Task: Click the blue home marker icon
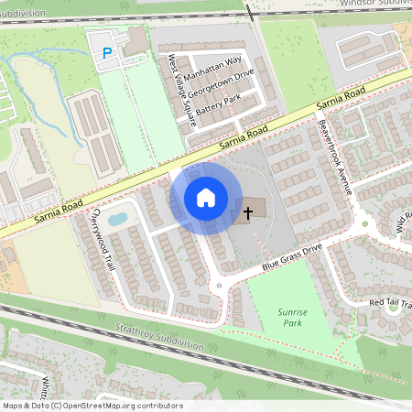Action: click(206, 198)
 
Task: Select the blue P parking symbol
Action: click(107, 53)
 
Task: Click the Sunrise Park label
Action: click(292, 318)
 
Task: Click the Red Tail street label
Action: click(390, 302)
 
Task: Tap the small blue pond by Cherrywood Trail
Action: click(118, 219)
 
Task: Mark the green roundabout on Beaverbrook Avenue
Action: click(364, 222)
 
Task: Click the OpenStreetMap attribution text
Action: click(92, 406)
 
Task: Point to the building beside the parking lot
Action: click(136, 39)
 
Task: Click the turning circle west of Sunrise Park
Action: click(218, 286)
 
